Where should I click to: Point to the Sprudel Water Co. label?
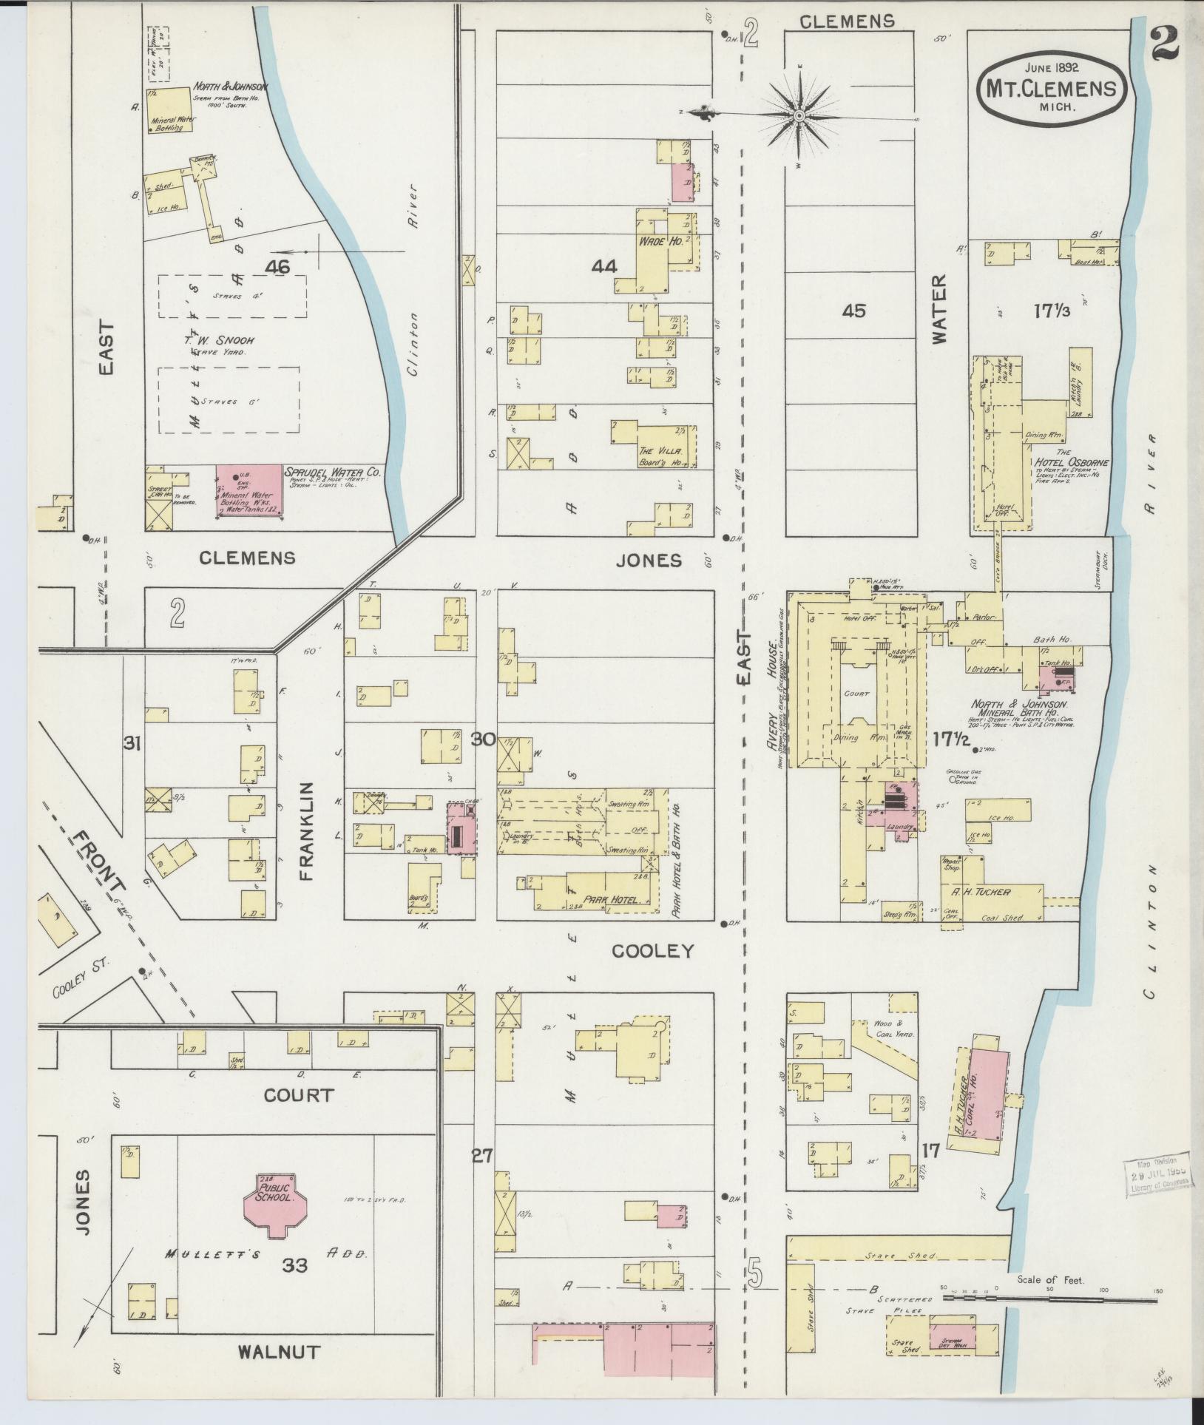[x=333, y=471]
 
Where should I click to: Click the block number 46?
[x=280, y=268]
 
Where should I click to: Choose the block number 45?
[x=853, y=311]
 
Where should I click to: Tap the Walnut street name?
[x=279, y=1352]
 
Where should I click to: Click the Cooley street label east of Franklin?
[x=653, y=950]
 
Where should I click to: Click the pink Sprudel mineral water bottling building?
[x=249, y=490]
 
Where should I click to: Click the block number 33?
[x=294, y=1265]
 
